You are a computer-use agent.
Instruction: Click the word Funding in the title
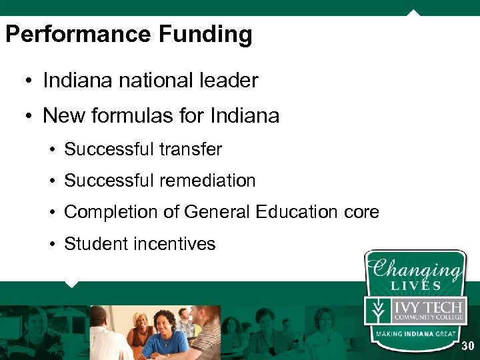point(207,35)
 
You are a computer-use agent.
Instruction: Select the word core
point(361,212)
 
